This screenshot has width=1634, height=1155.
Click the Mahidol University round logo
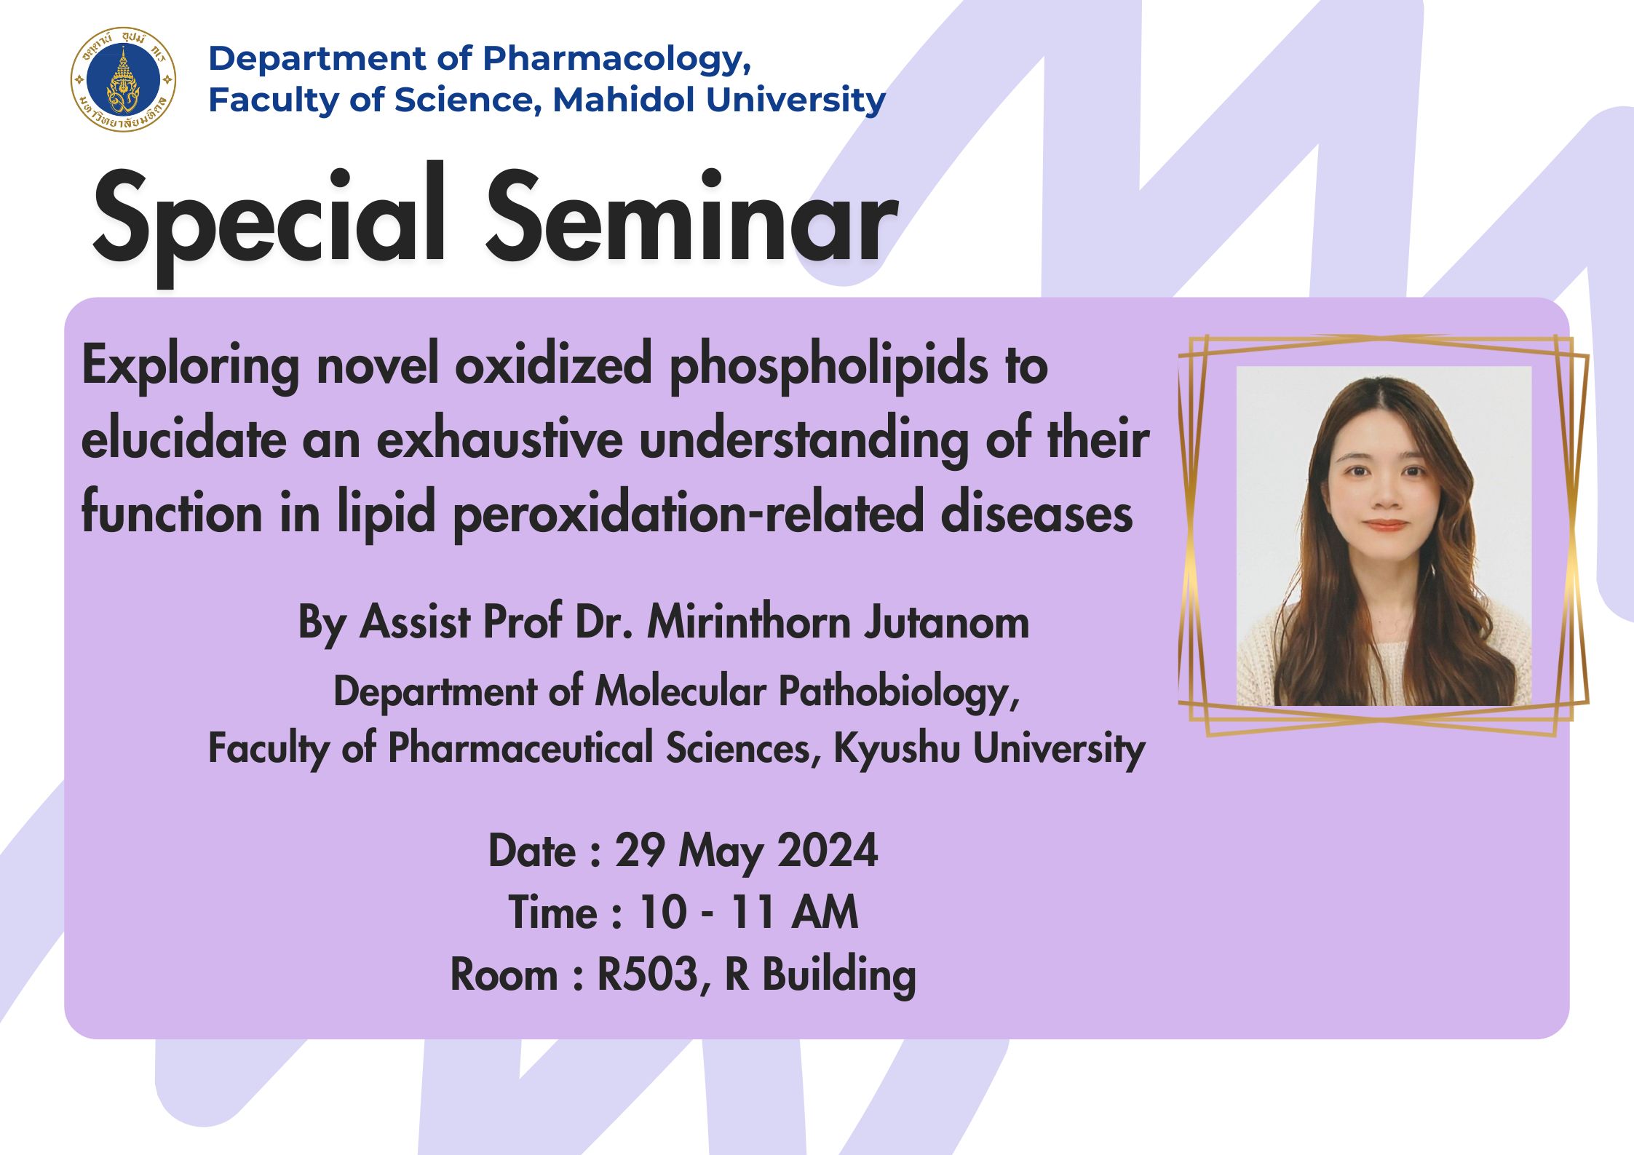point(124,80)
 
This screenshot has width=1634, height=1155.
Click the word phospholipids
point(829,366)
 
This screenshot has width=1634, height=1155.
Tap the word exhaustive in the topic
point(499,440)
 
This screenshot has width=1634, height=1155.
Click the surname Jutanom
point(947,623)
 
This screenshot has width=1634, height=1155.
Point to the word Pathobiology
point(899,693)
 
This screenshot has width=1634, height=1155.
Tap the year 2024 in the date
point(828,851)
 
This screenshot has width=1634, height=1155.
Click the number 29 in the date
point(640,851)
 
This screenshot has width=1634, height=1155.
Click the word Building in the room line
point(839,976)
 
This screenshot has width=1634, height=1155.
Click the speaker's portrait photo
point(1384,536)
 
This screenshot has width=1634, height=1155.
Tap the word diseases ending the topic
point(1036,514)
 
